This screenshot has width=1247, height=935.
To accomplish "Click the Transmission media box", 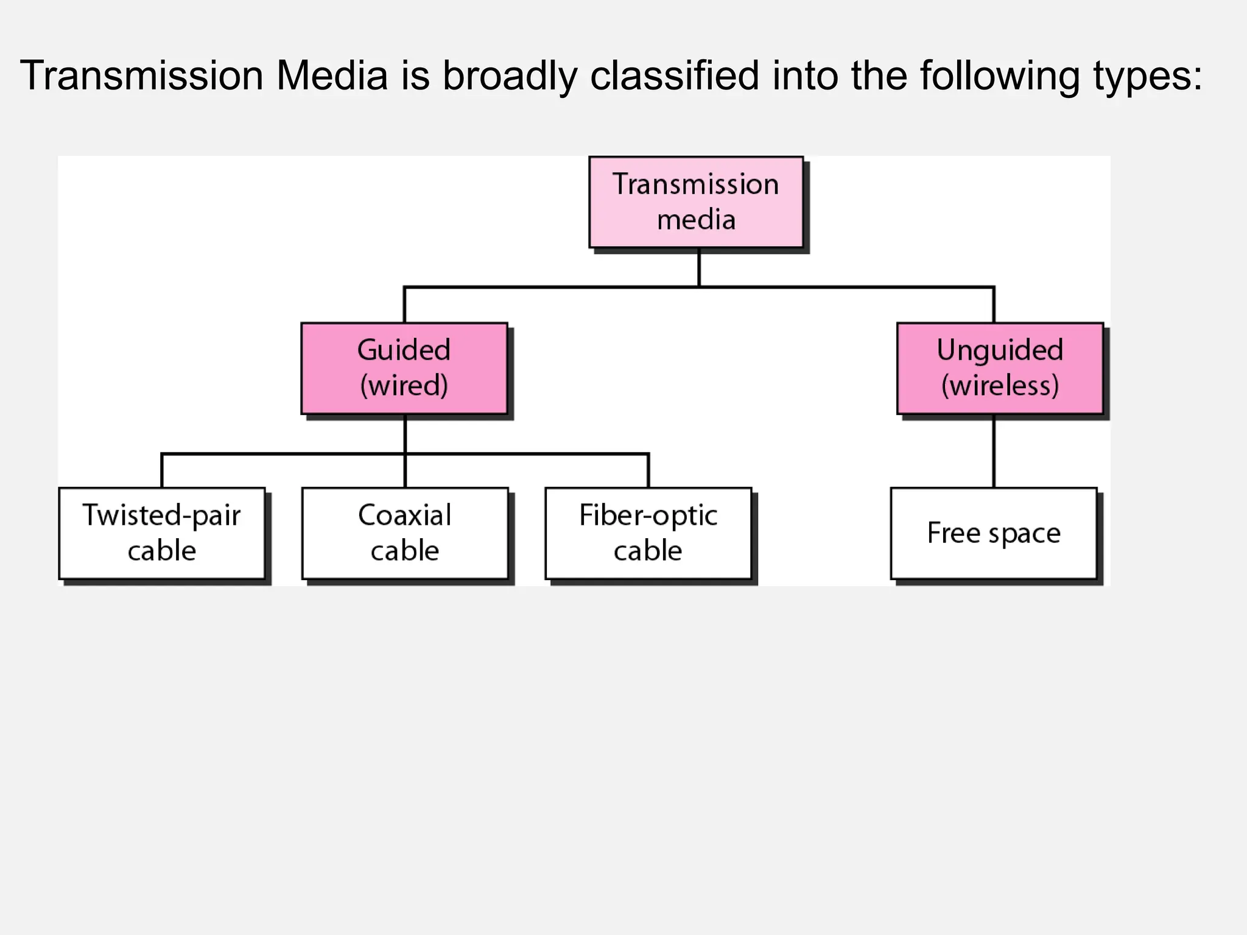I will pyautogui.click(x=696, y=202).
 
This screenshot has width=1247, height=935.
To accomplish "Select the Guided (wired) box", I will pyautogui.click(x=404, y=368).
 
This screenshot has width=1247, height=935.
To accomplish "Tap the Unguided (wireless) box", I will pyautogui.click(x=1000, y=368).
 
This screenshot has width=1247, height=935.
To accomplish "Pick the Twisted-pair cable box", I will pyautogui.click(x=162, y=533).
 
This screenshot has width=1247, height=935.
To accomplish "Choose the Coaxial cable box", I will pyautogui.click(x=405, y=533).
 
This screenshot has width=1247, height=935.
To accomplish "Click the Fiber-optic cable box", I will pyautogui.click(x=648, y=533).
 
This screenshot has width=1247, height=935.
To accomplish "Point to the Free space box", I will pyautogui.click(x=994, y=533).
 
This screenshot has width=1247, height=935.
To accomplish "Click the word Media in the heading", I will pyautogui.click(x=332, y=76).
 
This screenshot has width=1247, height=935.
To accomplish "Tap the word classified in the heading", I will pyautogui.click(x=675, y=76).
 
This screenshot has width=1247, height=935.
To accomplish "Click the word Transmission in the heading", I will pyautogui.click(x=141, y=76).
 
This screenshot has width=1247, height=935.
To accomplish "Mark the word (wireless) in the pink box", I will pyautogui.click(x=1000, y=386).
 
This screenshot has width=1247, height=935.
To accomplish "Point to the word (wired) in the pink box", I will pyautogui.click(x=404, y=386).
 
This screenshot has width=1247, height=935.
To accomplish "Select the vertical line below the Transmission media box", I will pyautogui.click(x=698, y=268).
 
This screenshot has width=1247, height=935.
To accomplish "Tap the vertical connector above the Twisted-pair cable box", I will pyautogui.click(x=162, y=471).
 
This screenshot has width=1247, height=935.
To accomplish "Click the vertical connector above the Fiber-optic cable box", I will pyautogui.click(x=648, y=471).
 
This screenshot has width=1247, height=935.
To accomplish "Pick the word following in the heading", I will pyautogui.click(x=999, y=77).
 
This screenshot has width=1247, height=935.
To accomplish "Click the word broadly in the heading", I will pyautogui.click(x=510, y=76).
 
